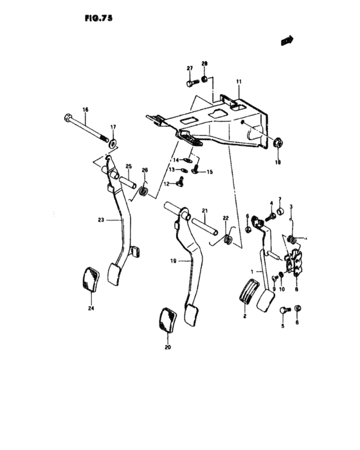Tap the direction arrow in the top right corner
286,40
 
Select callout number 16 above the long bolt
85,111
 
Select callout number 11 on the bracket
238,82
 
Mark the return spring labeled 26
145,190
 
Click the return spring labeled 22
227,240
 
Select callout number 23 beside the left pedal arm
101,220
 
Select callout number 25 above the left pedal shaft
128,167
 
